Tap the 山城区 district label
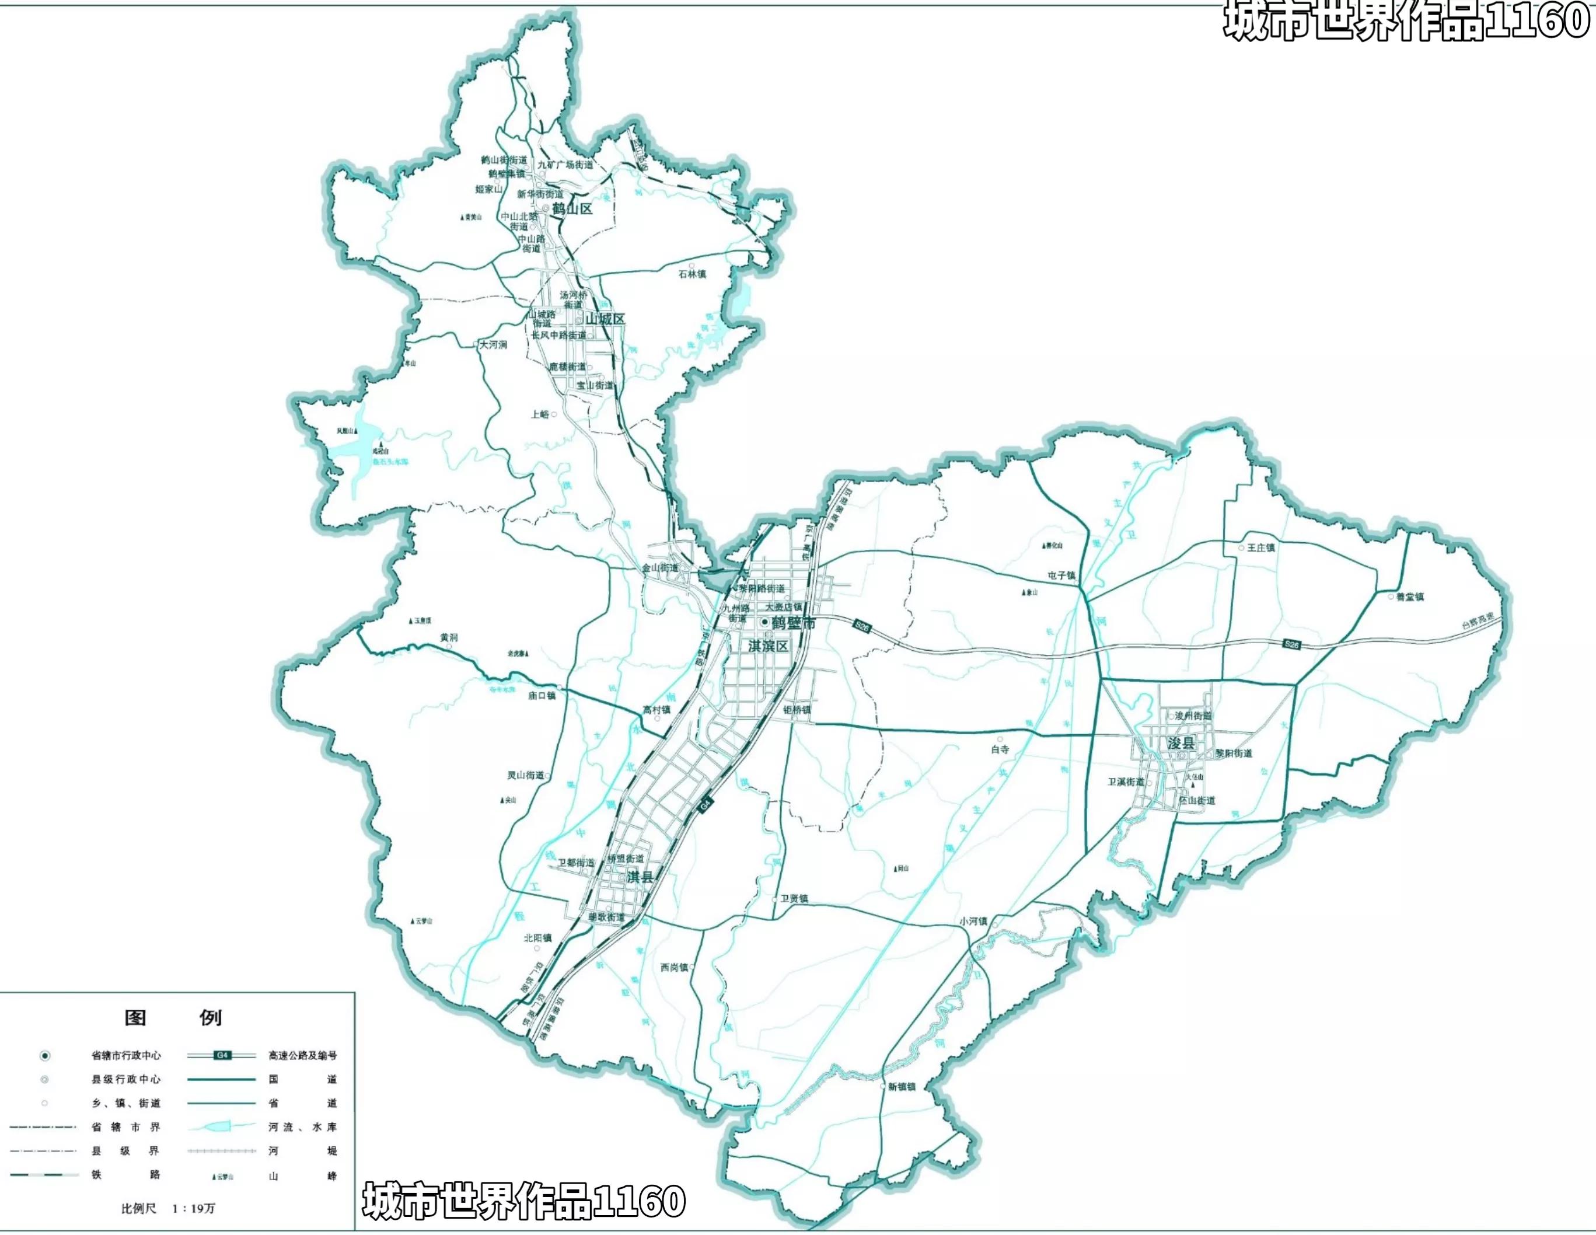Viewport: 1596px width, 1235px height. [x=605, y=319]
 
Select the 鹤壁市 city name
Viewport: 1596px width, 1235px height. [x=793, y=623]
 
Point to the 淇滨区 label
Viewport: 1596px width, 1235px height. [x=768, y=646]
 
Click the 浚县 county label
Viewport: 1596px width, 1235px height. [x=1181, y=743]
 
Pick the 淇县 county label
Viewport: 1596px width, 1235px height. [x=640, y=876]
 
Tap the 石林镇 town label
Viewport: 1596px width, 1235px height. [x=692, y=274]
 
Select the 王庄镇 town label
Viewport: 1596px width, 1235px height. [x=1260, y=547]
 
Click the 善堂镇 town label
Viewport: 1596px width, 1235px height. [x=1410, y=597]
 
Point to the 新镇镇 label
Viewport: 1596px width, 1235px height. [x=901, y=1087]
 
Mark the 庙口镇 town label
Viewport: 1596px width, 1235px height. [x=542, y=696]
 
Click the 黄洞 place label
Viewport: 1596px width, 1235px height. [x=449, y=638]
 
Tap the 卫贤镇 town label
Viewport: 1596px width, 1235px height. [x=794, y=898]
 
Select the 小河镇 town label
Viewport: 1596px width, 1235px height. [x=973, y=922]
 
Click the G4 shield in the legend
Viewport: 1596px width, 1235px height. [x=223, y=1055]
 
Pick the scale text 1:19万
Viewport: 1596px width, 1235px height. [x=194, y=1208]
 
